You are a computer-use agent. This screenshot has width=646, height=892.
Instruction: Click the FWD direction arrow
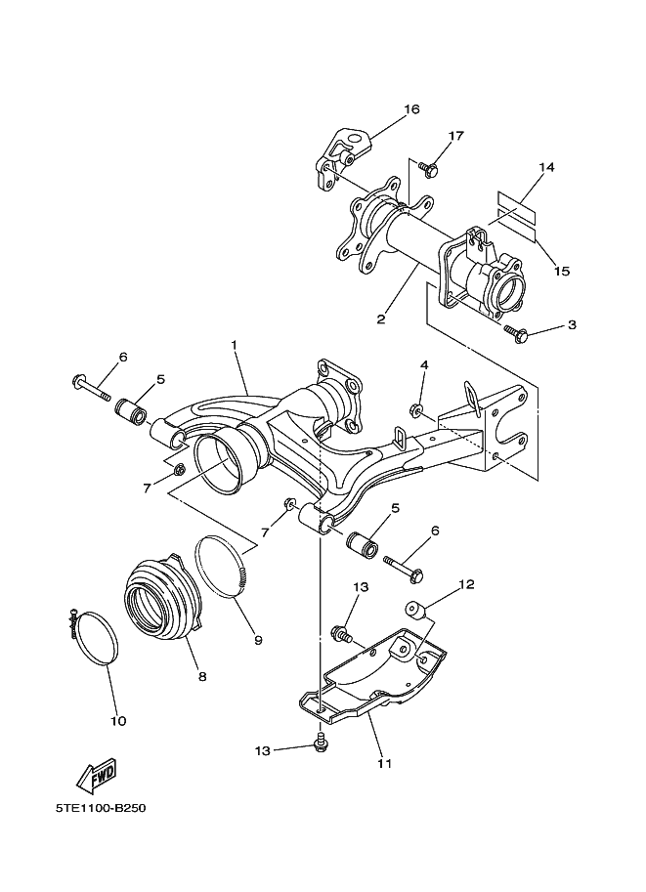[96, 776]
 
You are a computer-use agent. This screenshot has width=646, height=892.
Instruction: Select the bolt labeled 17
[429, 167]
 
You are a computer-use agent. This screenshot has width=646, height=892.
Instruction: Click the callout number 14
[546, 167]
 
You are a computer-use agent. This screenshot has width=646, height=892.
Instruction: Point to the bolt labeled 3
[517, 333]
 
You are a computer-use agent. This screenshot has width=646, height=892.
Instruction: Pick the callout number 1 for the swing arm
[234, 344]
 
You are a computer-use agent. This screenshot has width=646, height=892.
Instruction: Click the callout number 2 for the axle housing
[381, 319]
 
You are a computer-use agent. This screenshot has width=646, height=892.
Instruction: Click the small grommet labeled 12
[415, 611]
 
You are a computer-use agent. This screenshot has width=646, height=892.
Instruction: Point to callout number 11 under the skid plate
[384, 763]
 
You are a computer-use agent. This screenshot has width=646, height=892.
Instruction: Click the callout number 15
[562, 271]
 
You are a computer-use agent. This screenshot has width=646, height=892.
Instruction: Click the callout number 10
[118, 721]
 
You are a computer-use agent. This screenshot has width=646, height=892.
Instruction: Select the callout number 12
[466, 583]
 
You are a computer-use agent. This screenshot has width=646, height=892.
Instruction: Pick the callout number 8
[202, 676]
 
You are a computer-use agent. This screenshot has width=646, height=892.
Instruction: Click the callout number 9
[258, 640]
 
